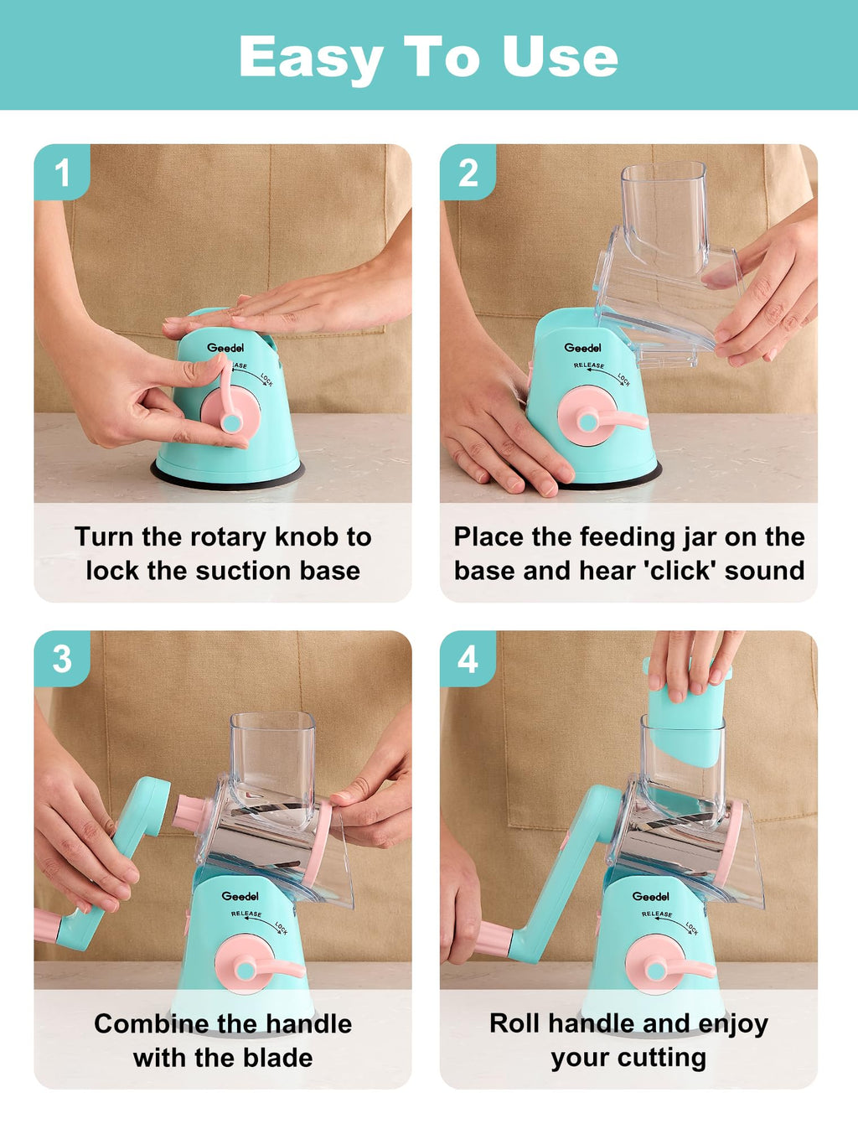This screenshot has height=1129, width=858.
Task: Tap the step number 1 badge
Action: tap(62, 172)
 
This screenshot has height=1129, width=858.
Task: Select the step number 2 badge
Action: tap(468, 172)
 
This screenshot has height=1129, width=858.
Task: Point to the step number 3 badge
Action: tap(62, 658)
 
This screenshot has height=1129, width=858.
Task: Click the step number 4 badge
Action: tap(468, 658)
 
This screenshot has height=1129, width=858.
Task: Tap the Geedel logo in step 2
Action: tap(582, 348)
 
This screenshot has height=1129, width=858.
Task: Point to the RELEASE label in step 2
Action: tap(589, 365)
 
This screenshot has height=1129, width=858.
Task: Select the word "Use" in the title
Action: tap(560, 57)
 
